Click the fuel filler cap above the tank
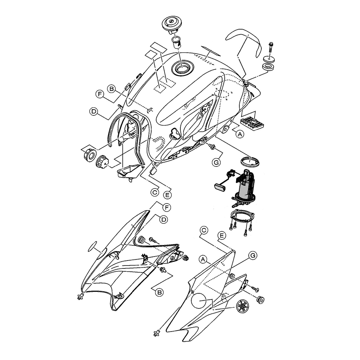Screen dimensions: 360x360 [172, 25]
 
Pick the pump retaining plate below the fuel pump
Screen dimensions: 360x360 [242, 216]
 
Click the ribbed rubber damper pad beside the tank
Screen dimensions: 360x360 [252, 123]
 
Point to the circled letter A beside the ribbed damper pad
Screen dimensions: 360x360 [240, 134]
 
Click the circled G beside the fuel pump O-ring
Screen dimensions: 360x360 [216, 163]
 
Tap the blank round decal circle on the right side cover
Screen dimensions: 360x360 [199, 301]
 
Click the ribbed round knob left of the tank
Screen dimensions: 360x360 [102, 161]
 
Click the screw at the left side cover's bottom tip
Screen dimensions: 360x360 [81, 297]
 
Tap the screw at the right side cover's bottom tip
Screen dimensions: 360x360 [157, 333]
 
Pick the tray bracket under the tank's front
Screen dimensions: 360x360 [130, 172]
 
